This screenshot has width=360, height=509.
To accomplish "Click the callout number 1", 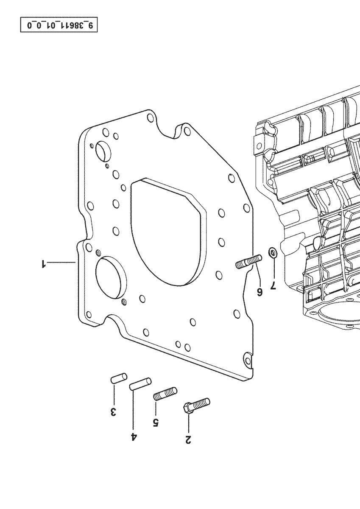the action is (x=43, y=264).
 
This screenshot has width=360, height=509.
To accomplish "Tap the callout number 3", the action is (x=113, y=411).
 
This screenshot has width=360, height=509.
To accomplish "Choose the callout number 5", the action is (x=156, y=422).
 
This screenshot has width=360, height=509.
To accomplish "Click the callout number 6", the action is (x=260, y=292).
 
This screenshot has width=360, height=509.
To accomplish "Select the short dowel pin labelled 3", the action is (x=119, y=378).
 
